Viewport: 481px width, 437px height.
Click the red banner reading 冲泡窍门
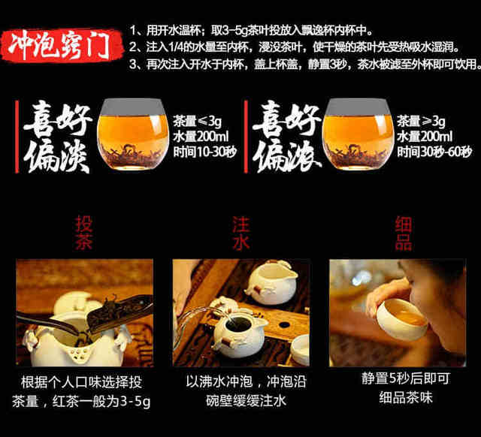[x=62, y=45]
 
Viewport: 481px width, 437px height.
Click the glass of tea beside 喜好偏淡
[x=133, y=134]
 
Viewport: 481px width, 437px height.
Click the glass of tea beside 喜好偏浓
[x=358, y=134]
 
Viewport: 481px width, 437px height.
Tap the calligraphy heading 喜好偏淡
[x=57, y=137]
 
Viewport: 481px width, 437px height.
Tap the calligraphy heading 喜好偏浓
[x=286, y=137]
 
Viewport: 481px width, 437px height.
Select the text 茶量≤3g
[x=197, y=122]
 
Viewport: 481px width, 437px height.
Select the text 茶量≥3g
[x=421, y=122]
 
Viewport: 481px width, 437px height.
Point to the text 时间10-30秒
[x=205, y=152]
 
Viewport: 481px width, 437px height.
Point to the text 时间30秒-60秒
[x=434, y=152]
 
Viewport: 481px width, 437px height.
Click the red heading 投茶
[x=83, y=233]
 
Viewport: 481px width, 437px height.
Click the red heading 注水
[x=240, y=233]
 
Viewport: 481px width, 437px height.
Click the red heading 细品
[x=404, y=233]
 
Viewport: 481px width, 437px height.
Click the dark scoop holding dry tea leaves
[x=120, y=312]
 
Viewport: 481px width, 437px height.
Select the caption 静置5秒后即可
[x=406, y=378]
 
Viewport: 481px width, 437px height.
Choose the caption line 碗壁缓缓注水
[x=246, y=401]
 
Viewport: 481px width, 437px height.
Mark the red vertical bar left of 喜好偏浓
[x=246, y=137]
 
